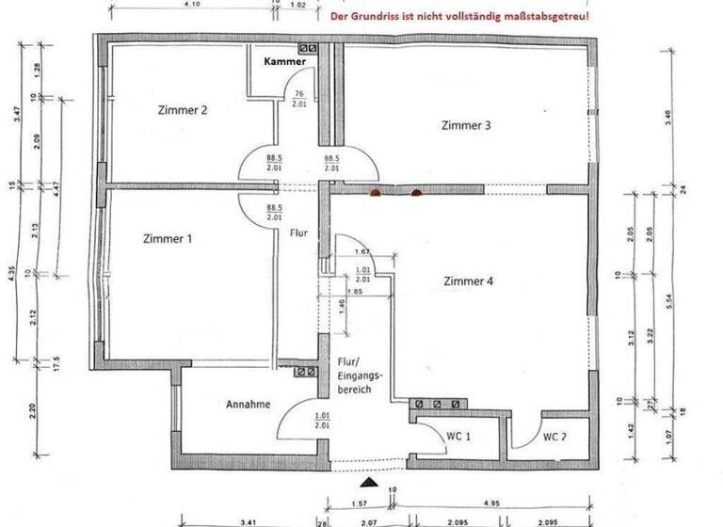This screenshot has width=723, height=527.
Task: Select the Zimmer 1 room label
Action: pos(169,239)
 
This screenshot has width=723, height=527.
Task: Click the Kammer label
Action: pos(284,61)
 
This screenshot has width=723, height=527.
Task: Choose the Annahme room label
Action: pos(249,405)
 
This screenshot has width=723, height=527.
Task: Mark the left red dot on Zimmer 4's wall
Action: pos(375,194)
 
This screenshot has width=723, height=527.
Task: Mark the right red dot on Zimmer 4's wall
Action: pos(416,194)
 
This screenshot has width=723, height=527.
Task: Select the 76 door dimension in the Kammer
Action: pos(298,93)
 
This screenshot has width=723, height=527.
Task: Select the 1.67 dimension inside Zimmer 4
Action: pos(361,252)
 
